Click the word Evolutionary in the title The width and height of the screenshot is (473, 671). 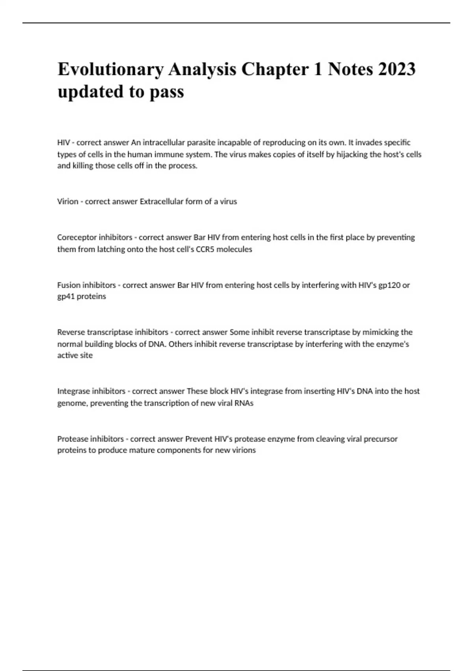coord(110,69)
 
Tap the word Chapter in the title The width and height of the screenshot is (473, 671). coord(275,69)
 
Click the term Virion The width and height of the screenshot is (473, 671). coord(68,201)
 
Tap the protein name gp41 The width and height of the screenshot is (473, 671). coord(65,296)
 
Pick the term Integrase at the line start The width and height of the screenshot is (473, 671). coord(74,391)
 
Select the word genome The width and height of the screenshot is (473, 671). coord(72,403)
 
